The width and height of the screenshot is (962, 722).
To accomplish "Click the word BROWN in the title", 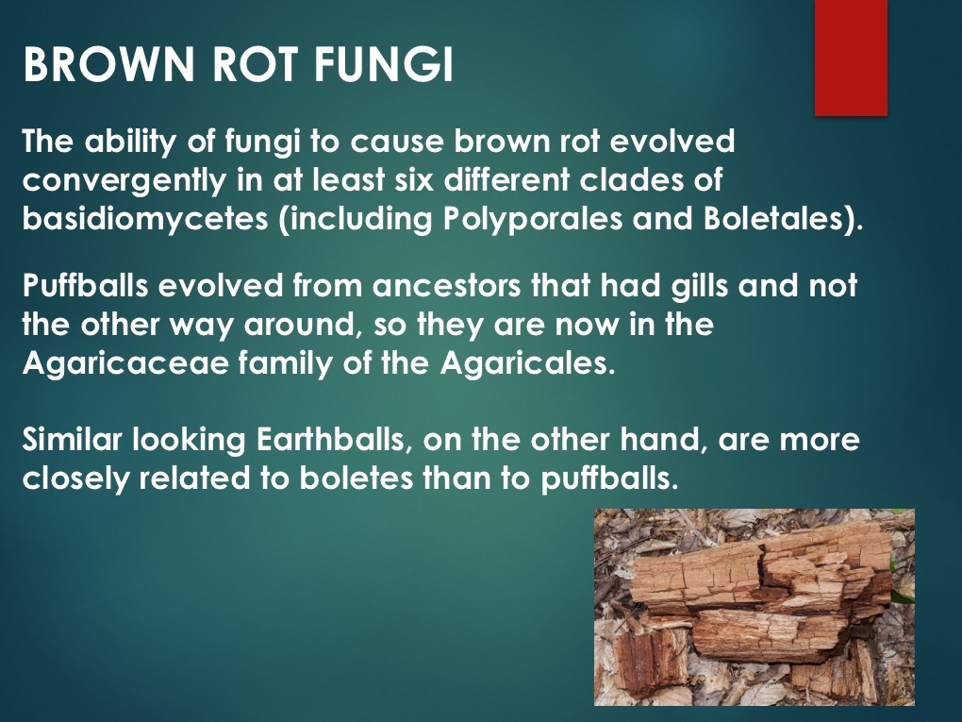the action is click(x=108, y=64).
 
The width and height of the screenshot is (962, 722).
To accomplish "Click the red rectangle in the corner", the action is click(x=851, y=57).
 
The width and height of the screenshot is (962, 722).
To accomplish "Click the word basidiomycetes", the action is click(x=145, y=220).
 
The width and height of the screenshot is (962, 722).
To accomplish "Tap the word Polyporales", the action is click(x=532, y=220).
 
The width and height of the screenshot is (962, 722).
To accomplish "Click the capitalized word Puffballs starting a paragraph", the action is click(x=85, y=286).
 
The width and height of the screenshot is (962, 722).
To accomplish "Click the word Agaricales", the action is click(x=527, y=364).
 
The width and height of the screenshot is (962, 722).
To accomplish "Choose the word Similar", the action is click(x=72, y=440).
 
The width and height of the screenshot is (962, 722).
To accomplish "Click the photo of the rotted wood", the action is click(x=754, y=607).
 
